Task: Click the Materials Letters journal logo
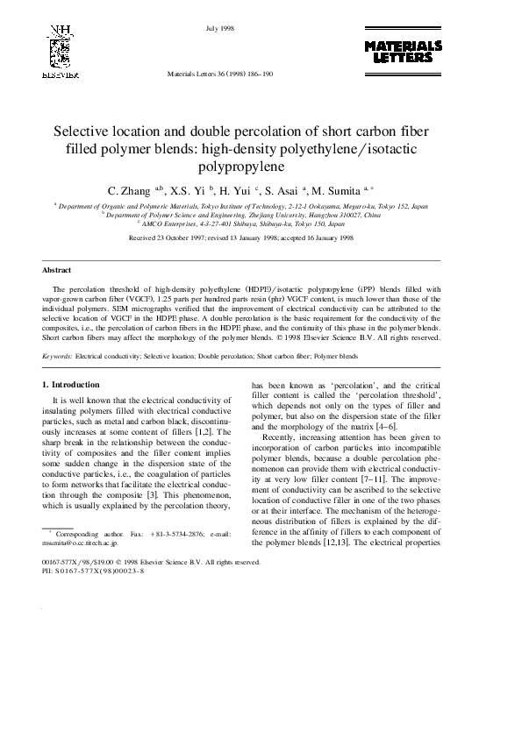pos(403,51)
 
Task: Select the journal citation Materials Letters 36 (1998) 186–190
pos(220,75)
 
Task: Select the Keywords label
pos(59,358)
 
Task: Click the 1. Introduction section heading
pos(71,385)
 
